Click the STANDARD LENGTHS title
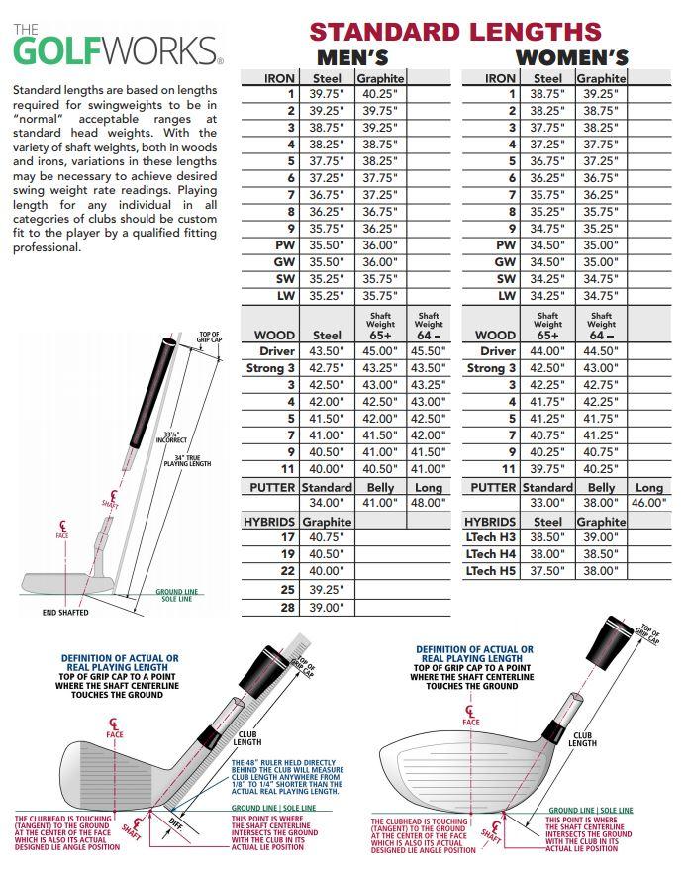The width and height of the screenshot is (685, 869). [x=456, y=31]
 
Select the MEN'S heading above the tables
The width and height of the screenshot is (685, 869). [x=351, y=58]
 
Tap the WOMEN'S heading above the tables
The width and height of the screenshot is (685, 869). [x=571, y=58]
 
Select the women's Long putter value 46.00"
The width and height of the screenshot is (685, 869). [x=649, y=503]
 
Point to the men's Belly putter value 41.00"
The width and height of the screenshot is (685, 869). [x=380, y=503]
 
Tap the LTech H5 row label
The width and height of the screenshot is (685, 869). [x=491, y=571]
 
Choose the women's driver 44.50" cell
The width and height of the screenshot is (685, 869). [x=601, y=351]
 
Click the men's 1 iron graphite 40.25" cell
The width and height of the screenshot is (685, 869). [x=380, y=95]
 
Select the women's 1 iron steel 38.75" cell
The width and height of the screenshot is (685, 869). [x=547, y=95]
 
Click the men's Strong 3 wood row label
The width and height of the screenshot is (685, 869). [x=271, y=368]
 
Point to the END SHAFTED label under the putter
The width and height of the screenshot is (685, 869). [x=66, y=613]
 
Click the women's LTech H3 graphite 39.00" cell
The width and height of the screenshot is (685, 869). [x=601, y=536]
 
